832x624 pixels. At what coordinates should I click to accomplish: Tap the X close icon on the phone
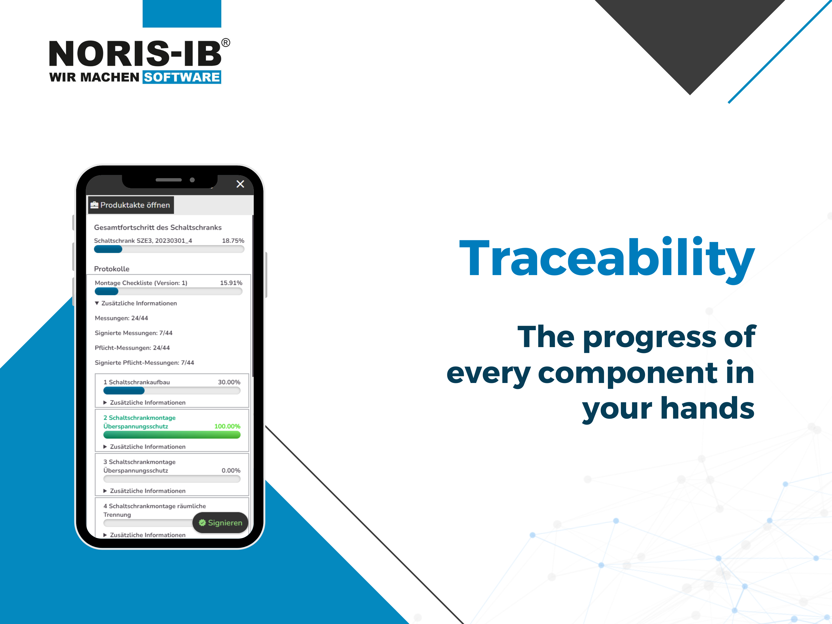pos(240,184)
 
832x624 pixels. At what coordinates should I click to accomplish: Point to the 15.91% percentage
pos(231,283)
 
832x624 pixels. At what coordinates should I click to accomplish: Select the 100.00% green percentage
pos(227,426)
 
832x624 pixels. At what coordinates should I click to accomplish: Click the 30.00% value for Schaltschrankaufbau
pos(229,382)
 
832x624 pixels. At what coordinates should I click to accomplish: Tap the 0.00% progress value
pos(231,471)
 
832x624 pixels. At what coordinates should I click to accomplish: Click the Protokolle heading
pos(112,269)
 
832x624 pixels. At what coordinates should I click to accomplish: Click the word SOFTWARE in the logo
pos(182,77)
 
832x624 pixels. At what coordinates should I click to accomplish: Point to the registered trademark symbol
pos(225,42)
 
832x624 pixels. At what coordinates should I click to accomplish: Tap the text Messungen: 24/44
pos(121,318)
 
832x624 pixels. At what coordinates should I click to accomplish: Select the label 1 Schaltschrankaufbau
pos(136,382)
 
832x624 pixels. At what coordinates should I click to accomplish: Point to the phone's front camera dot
pos(192,180)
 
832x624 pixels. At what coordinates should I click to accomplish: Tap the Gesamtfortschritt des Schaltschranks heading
pos(158,227)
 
